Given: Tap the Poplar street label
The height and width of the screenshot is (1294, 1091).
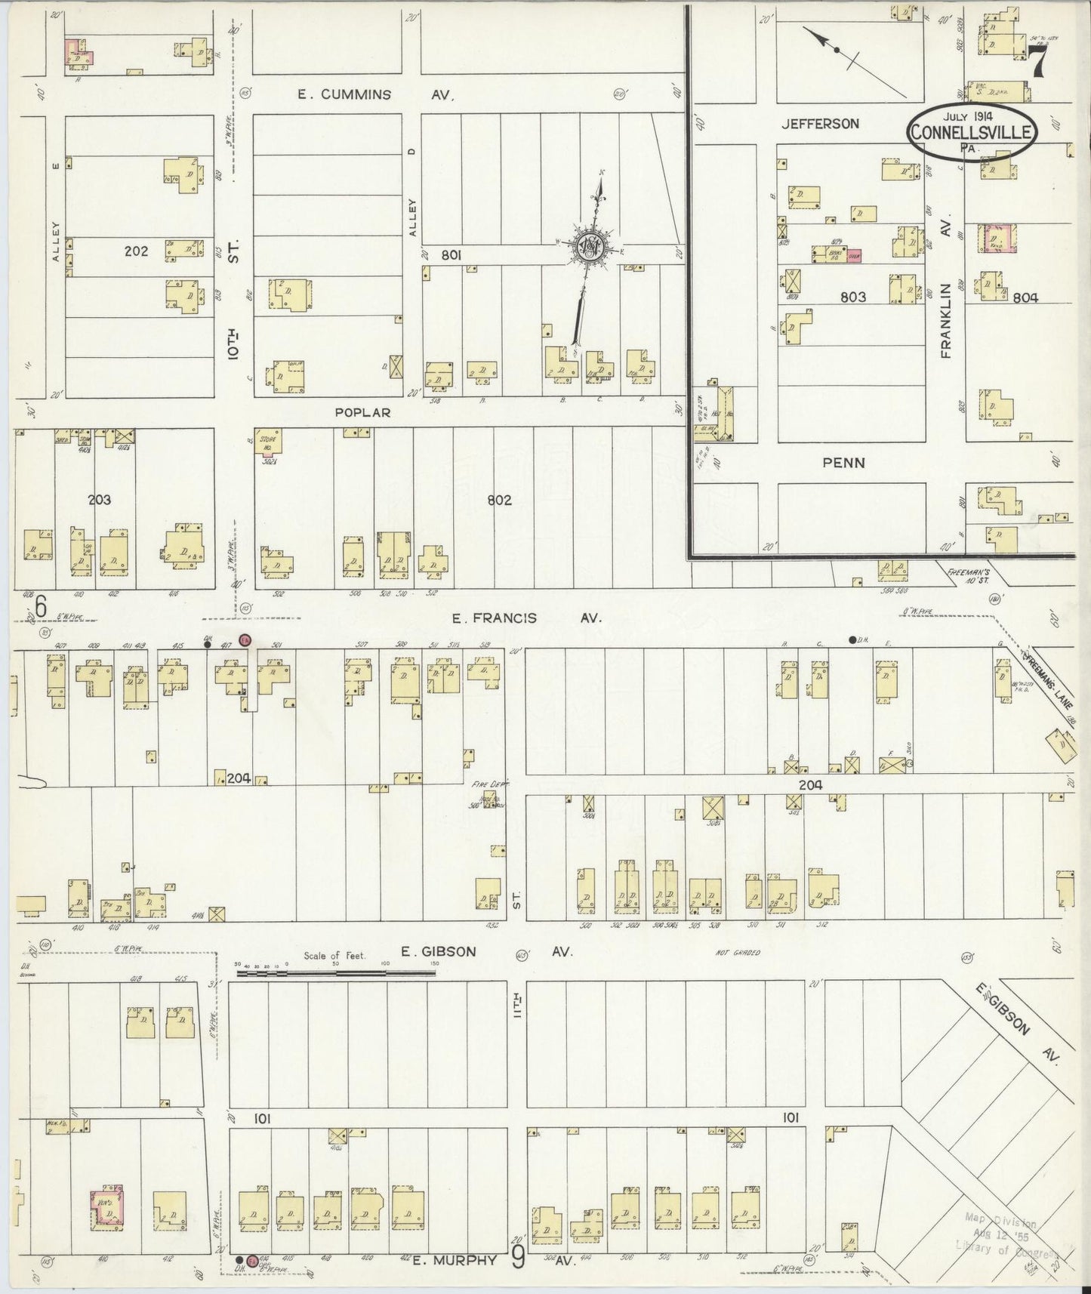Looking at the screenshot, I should click(363, 413).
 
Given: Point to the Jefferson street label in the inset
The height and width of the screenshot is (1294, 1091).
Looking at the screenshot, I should click(821, 123).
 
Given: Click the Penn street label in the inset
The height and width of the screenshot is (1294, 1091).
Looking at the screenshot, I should click(844, 463).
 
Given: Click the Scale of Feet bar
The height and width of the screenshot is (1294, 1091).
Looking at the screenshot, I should click(336, 973).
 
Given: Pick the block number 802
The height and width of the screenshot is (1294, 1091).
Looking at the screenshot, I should click(499, 500).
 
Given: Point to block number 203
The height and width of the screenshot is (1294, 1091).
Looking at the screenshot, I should click(99, 500).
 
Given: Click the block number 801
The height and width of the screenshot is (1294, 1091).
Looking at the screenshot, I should click(452, 256).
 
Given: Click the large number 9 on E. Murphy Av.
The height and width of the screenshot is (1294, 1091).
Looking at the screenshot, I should click(518, 1260).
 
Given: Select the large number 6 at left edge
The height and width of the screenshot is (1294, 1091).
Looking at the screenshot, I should click(41, 605).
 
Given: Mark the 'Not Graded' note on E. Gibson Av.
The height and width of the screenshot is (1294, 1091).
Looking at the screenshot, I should click(737, 953).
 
